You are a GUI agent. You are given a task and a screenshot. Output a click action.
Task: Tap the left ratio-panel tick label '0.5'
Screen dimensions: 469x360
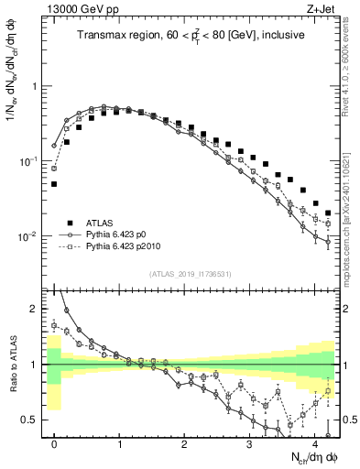pos(30,420)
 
